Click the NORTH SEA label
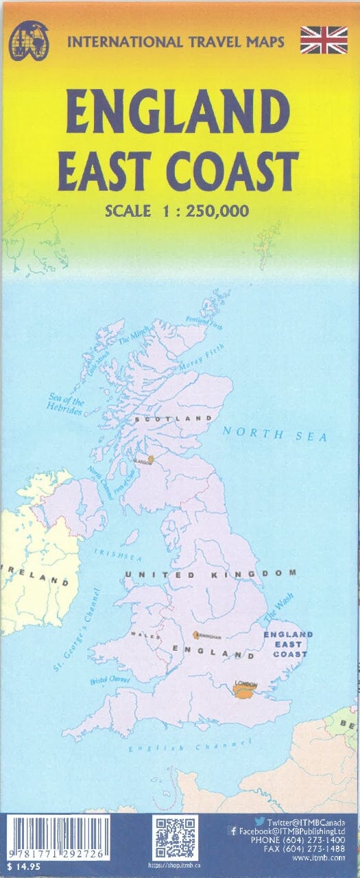pyautogui.click(x=274, y=434)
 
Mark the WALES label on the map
pyautogui.click(x=151, y=635)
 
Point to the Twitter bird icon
pyautogui.click(x=260, y=820)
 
